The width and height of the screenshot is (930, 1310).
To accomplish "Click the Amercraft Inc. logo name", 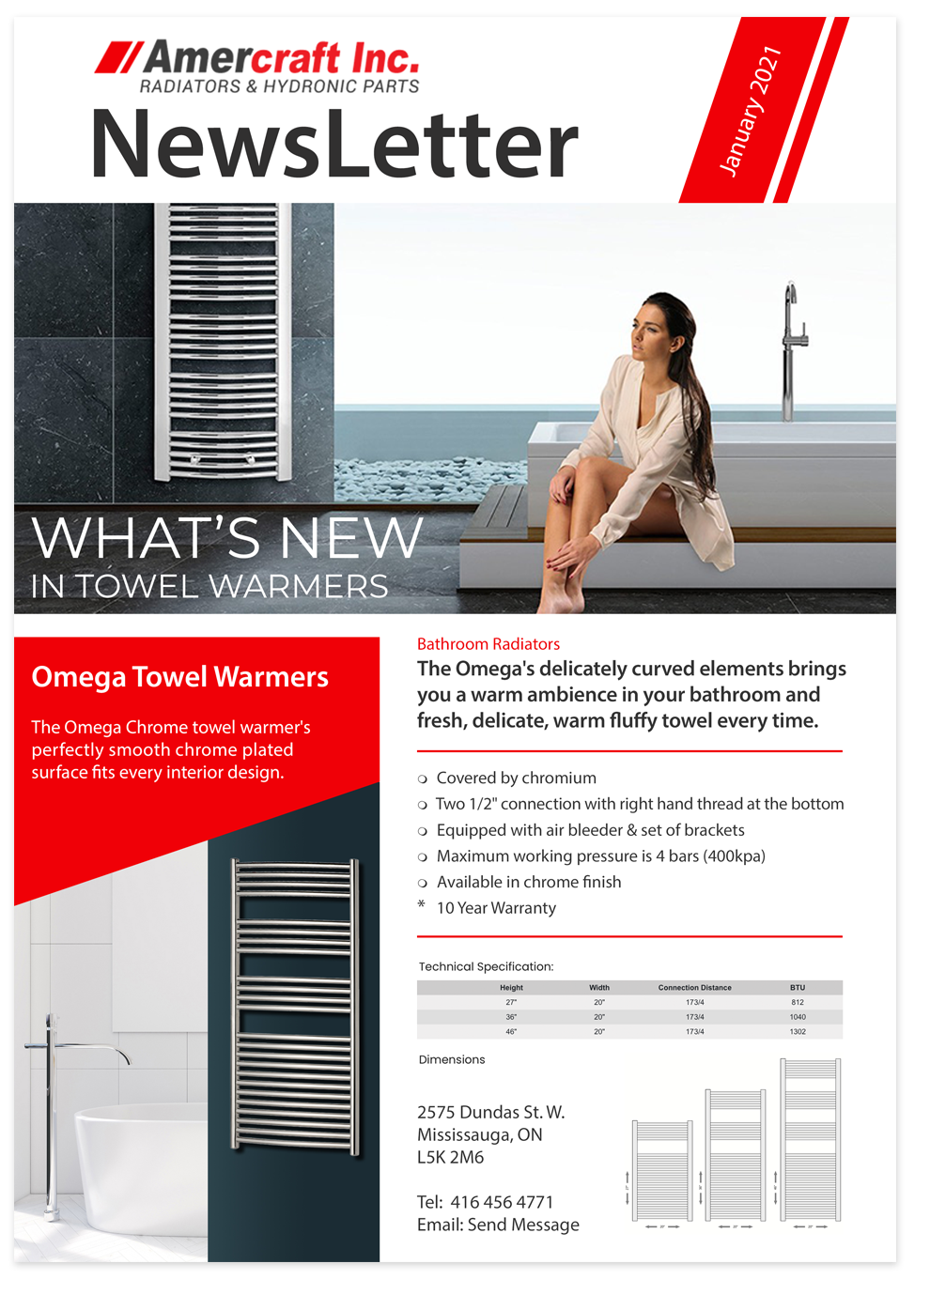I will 280,58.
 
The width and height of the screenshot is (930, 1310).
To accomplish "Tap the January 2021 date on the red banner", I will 750,111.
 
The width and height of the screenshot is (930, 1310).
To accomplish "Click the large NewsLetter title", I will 334,144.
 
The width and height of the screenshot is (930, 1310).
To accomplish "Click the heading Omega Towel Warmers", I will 179,677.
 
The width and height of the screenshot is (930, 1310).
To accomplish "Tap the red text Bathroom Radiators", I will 488,644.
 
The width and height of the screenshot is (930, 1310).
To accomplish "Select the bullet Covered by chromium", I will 516,778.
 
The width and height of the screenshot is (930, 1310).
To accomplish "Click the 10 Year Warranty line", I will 496,908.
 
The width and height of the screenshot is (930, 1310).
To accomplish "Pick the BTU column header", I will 797,988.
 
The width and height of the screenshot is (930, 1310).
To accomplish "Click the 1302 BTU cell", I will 797,1031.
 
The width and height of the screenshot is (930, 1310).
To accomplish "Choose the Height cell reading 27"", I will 511,1002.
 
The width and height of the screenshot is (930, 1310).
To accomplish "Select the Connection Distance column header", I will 694,988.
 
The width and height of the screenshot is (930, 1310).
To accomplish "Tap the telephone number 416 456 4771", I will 502,1202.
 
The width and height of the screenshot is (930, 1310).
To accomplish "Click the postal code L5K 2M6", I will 450,1157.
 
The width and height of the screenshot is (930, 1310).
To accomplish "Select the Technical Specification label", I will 486,966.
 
